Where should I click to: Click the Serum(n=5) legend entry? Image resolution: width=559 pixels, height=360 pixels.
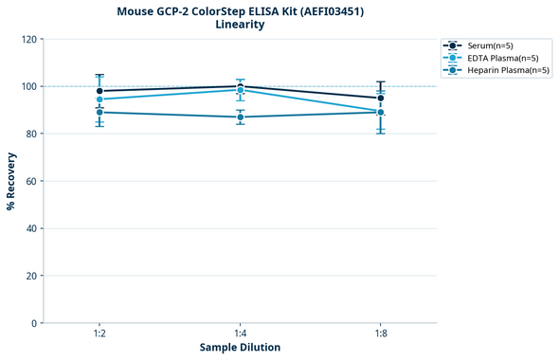pos(491,45)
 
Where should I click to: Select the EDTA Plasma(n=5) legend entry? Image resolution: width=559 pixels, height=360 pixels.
pos(497,58)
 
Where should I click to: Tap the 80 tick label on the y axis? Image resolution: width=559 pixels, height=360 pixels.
pos(32,134)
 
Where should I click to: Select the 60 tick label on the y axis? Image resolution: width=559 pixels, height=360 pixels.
pos(32,181)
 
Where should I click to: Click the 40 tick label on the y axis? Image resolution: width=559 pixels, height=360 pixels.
pos(32,228)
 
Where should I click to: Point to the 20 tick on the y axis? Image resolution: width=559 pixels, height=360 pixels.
pos(32,276)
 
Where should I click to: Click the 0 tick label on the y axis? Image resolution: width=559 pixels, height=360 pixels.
pos(35,323)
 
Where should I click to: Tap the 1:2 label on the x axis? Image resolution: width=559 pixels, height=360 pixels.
pos(99,334)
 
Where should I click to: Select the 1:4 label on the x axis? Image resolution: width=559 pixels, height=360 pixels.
pos(240,334)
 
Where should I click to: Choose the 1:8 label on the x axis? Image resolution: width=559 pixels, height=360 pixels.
pos(380,334)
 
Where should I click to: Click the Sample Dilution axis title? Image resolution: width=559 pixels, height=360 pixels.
pos(240,348)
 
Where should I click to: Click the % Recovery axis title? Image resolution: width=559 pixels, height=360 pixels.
pos(11,181)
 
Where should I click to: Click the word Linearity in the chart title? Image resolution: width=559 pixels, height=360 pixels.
pos(240,25)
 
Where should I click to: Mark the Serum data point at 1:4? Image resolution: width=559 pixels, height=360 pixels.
pos(240,86)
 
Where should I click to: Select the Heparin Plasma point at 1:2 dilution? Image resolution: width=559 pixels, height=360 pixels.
pos(99,112)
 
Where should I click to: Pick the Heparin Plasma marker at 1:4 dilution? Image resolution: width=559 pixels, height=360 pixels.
pos(240,117)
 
